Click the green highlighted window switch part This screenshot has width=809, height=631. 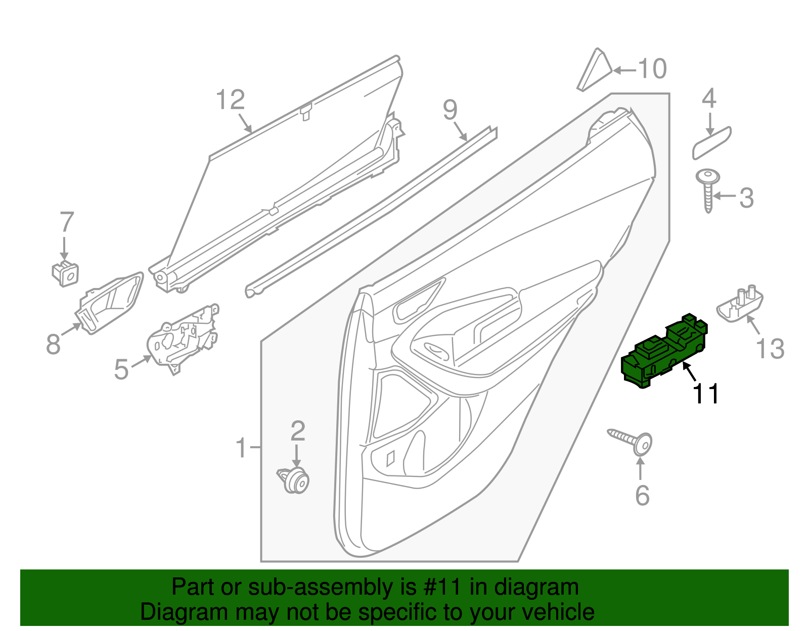tap(662, 353)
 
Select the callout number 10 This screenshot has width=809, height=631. tap(652, 69)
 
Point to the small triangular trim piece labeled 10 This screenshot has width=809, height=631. tap(595, 71)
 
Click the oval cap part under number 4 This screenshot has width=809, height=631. tap(711, 143)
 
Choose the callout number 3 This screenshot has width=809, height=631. tap(746, 198)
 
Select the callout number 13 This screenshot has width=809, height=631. tap(770, 348)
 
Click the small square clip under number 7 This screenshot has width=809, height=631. tap(66, 273)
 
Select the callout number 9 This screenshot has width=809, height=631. tap(450, 110)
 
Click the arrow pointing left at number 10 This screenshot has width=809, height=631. tap(624, 70)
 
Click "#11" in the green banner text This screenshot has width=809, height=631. tap(441, 587)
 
